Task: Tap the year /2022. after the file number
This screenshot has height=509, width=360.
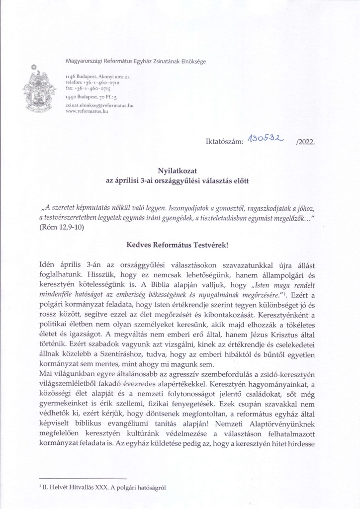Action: (x=305, y=142)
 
